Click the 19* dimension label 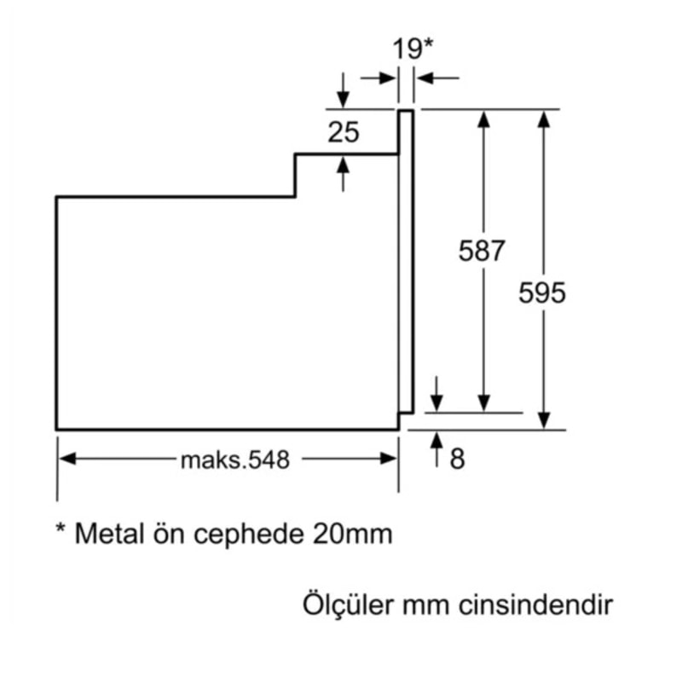[x=413, y=48]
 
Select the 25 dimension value [x=344, y=132]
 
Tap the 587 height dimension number [x=482, y=251]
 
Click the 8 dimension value [x=458, y=459]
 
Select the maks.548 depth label [x=235, y=459]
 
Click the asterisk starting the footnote [x=61, y=529]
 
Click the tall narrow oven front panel [x=407, y=264]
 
